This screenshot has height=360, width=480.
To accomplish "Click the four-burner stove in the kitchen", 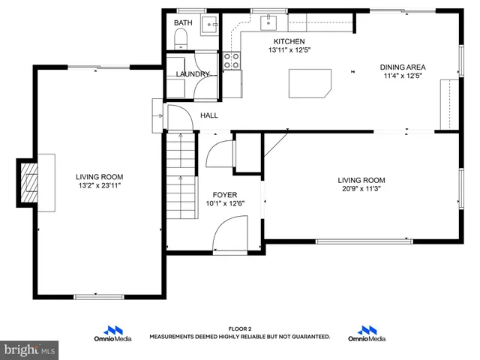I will point(232,60).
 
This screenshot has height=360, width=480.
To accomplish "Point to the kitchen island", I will point(310,82).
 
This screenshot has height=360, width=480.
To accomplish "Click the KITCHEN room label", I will point(289,41).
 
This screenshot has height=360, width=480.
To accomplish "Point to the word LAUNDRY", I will point(193,74).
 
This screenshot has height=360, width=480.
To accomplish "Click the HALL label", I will point(208,115).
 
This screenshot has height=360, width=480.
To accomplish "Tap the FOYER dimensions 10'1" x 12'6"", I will point(225,203).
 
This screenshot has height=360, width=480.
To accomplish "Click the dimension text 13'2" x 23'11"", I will point(98,185).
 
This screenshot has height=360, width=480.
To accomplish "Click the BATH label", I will point(182,23).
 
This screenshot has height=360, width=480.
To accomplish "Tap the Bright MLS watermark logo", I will point(29,349).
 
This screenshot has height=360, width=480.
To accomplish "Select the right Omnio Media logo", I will point(367,334).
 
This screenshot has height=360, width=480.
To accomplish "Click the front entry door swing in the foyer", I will point(230,234).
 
